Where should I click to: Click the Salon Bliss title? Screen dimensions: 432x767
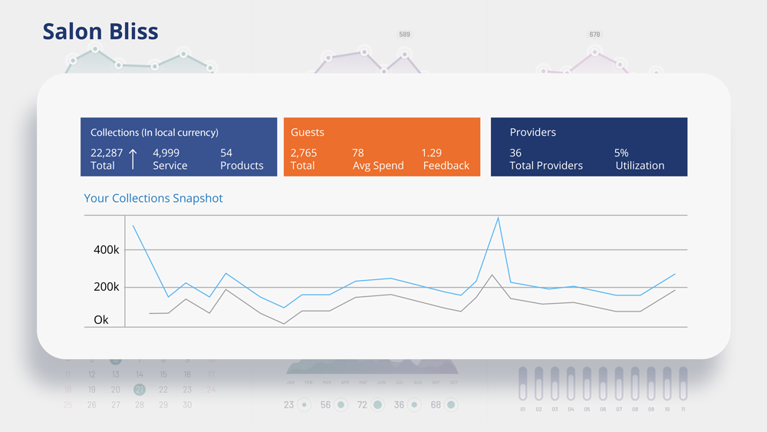click(100, 31)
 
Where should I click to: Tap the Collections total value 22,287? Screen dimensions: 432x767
click(107, 153)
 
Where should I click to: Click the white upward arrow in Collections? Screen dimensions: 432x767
click(133, 159)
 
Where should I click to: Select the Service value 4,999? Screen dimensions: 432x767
click(166, 153)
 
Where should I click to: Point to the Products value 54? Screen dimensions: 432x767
click(226, 153)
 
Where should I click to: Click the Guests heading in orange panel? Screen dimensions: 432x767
click(307, 132)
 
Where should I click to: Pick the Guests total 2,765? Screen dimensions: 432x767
click(304, 153)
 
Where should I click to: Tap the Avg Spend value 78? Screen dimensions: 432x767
click(358, 153)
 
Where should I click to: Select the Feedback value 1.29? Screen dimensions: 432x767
click(432, 153)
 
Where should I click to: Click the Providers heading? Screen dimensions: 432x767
click(532, 132)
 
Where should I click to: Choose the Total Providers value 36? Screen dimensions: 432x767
click(515, 153)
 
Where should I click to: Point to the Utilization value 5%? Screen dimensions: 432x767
click(621, 153)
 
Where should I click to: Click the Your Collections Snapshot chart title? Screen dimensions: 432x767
click(153, 198)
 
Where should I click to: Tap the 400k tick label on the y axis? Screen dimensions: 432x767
click(107, 250)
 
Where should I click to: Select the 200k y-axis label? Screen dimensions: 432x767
click(107, 287)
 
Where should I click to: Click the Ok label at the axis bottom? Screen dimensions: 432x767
click(101, 320)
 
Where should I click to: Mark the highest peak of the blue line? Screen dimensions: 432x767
click(499, 218)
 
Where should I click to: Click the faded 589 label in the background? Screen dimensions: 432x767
click(404, 35)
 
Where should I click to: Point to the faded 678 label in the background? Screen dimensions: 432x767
click(594, 35)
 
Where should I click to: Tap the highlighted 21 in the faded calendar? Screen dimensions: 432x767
click(139, 390)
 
